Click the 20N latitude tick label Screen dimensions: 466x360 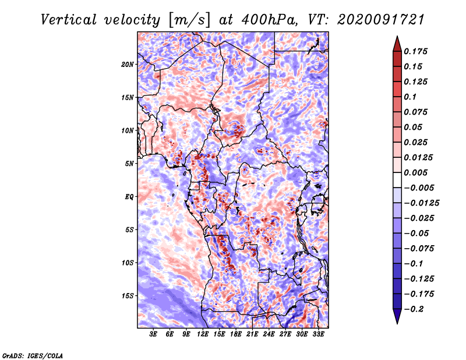(x=128, y=65)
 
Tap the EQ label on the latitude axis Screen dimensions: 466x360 (x=129, y=197)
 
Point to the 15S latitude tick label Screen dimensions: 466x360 (x=128, y=296)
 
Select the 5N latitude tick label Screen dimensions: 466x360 (x=129, y=164)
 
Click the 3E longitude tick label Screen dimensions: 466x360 (x=153, y=334)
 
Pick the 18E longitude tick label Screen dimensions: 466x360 (x=236, y=334)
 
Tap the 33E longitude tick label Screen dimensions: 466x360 (x=318, y=334)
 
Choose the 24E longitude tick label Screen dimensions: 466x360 (x=269, y=334)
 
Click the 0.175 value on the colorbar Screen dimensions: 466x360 (x=415, y=51)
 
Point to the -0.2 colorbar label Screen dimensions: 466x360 (x=414, y=309)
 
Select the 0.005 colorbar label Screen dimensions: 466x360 (x=415, y=172)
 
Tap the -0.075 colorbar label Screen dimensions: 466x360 (x=419, y=249)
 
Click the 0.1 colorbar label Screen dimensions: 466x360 (x=410, y=97)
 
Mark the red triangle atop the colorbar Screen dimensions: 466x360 (x=397, y=44)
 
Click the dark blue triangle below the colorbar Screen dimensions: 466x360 (x=397, y=316)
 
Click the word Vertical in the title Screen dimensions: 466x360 (x=69, y=20)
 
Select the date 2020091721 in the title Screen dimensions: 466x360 (x=381, y=20)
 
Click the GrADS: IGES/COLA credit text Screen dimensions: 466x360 (x=33, y=355)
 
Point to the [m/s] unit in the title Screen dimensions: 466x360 (x=189, y=20)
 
